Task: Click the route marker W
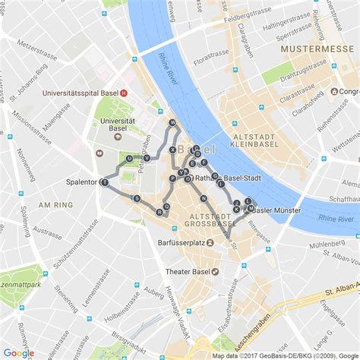172,122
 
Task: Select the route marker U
130,159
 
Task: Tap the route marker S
137,198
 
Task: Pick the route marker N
204,198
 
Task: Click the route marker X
173,150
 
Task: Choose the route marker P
173,178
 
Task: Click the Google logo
18,352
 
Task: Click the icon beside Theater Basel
216,271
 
